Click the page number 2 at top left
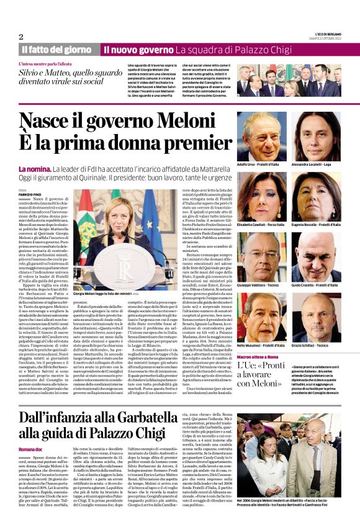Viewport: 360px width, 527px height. (21, 36)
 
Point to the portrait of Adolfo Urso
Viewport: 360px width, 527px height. (261, 136)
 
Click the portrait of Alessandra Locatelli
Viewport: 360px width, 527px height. (317, 136)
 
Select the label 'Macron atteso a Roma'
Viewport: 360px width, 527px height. (261, 340)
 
